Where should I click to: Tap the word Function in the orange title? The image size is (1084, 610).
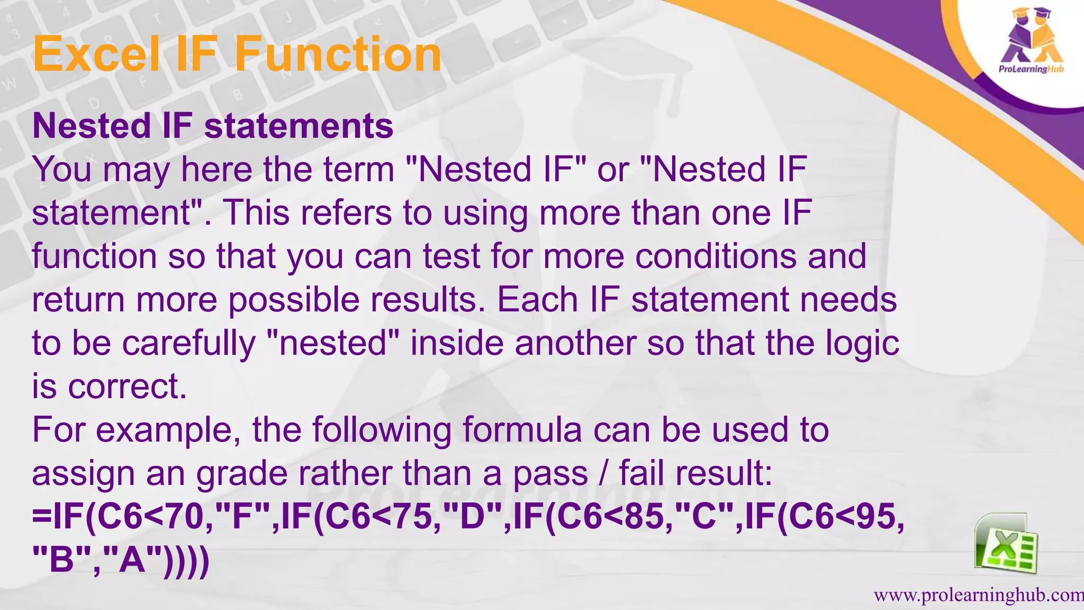pyautogui.click(x=338, y=55)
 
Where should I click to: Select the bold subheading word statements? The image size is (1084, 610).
pyautogui.click(x=299, y=126)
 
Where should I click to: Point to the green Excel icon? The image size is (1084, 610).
pyautogui.click(x=1006, y=544)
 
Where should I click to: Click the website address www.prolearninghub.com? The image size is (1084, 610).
pyautogui.click(x=978, y=596)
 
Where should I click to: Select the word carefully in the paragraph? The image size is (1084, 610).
pyautogui.click(x=189, y=343)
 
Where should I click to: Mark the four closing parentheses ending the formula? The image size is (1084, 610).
pyautogui.click(x=186, y=560)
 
